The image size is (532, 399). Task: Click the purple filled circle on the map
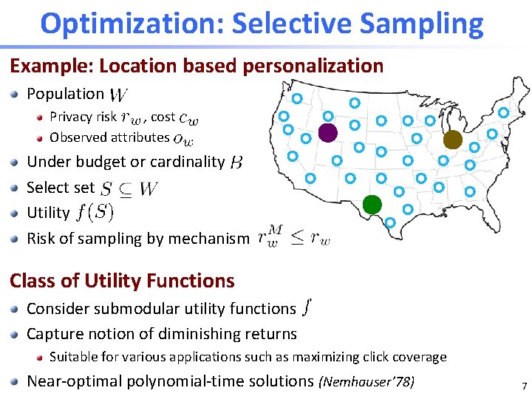click(327, 133)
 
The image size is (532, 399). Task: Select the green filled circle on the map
click(372, 203)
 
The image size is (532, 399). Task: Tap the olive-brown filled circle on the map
click(452, 140)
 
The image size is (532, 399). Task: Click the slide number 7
click(523, 385)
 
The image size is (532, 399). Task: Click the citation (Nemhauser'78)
click(366, 382)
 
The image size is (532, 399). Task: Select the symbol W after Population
click(118, 95)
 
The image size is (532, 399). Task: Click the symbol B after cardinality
click(236, 162)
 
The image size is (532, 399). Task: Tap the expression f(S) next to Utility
click(93, 213)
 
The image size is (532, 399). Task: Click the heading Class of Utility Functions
click(122, 281)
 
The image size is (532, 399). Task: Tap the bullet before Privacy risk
click(41, 117)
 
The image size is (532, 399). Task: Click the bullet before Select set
click(16, 188)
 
